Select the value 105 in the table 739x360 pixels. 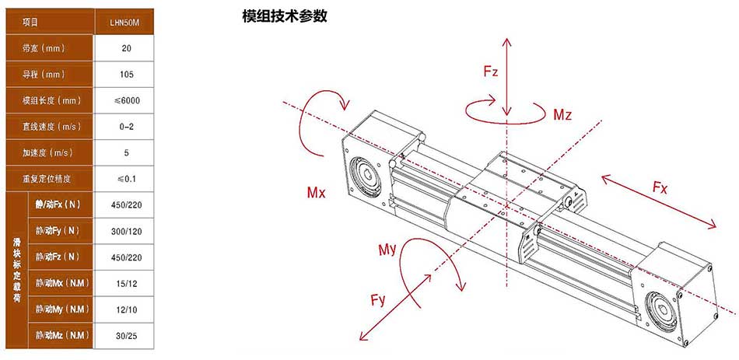point(127,75)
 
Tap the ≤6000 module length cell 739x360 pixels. point(127,100)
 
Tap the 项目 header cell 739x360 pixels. point(30,22)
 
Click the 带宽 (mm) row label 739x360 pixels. point(44,48)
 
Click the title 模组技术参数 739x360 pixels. point(284,17)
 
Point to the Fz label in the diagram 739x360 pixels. point(491,72)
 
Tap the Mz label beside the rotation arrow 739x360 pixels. point(562,114)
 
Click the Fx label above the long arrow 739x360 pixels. point(660,187)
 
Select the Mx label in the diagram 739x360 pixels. point(316,193)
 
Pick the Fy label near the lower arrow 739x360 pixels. point(378,300)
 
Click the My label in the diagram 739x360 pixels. point(387,250)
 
